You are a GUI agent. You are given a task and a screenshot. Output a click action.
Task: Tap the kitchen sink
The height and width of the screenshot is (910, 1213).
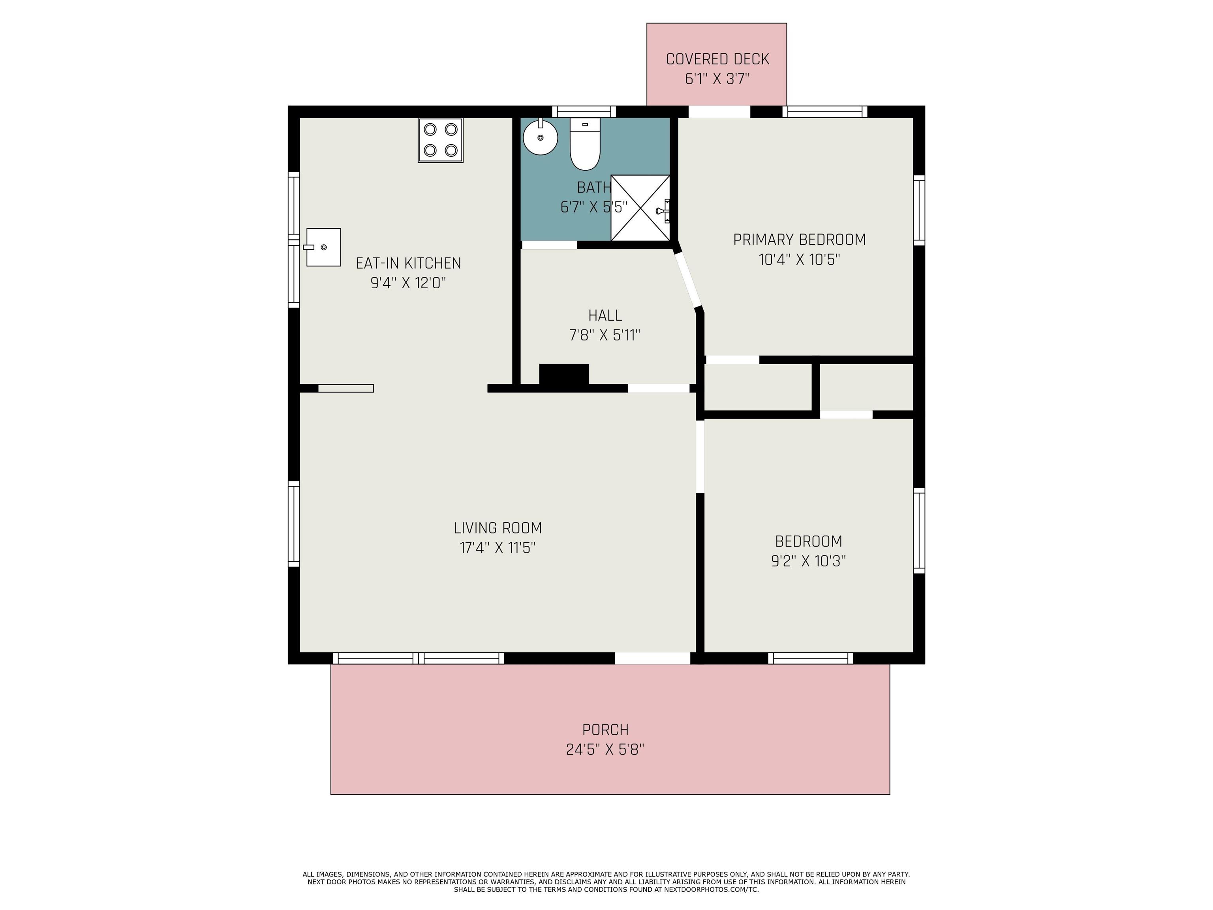click(323, 247)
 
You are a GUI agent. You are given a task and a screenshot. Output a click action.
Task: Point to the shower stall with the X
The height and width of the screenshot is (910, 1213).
click(640, 208)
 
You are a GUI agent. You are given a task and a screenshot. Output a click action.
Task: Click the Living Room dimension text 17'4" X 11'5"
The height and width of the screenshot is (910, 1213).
click(498, 547)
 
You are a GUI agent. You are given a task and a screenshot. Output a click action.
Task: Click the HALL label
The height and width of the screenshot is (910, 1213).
click(605, 316)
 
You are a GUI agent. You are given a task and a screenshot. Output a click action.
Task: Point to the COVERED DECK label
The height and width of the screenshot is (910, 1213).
click(717, 59)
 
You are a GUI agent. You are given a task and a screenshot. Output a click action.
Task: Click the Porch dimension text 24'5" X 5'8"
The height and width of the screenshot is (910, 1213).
click(605, 749)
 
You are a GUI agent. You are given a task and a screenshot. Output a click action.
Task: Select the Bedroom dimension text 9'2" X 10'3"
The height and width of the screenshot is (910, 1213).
click(808, 561)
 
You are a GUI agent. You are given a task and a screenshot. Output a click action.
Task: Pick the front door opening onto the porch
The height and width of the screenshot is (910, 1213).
click(653, 658)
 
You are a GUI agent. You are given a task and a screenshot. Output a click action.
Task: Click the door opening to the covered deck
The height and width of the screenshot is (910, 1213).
click(719, 111)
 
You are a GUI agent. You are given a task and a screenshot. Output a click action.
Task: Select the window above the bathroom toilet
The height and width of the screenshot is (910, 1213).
click(584, 111)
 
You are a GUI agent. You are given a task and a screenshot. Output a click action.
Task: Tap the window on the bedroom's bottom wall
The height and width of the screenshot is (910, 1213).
click(811, 658)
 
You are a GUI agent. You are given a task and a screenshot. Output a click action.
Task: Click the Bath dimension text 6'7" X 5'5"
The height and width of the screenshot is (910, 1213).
click(593, 207)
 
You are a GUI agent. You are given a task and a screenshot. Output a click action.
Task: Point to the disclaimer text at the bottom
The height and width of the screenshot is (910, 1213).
click(606, 882)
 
